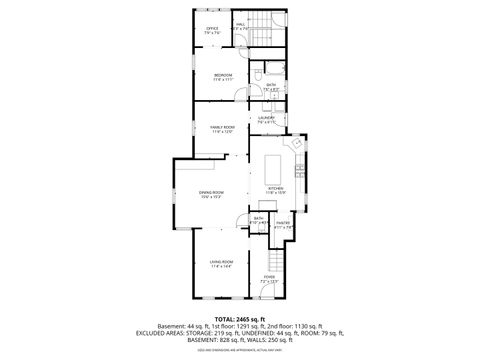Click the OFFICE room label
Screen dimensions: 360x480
pyautogui.click(x=212, y=30)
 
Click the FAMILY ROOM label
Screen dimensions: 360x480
pyautogui.click(x=222, y=128)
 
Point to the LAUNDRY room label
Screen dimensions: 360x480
pyautogui.click(x=266, y=120)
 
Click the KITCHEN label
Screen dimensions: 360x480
pyautogui.click(x=276, y=189)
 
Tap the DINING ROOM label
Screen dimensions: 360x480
pyautogui.click(x=211, y=194)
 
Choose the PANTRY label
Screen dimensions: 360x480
pyautogui.click(x=283, y=225)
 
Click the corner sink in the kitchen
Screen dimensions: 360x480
pyautogui.click(x=295, y=143)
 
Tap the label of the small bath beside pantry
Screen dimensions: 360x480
pyautogui.click(x=258, y=220)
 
